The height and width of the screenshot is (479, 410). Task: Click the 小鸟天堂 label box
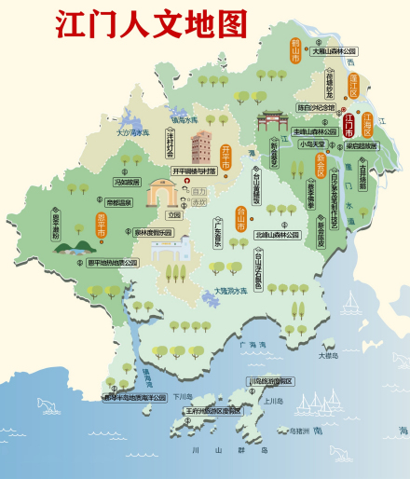pyautogui.click(x=310, y=144)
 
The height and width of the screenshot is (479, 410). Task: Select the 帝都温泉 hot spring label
pyautogui.click(x=118, y=201)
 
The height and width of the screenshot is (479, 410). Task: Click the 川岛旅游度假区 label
pyautogui.click(x=270, y=381)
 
